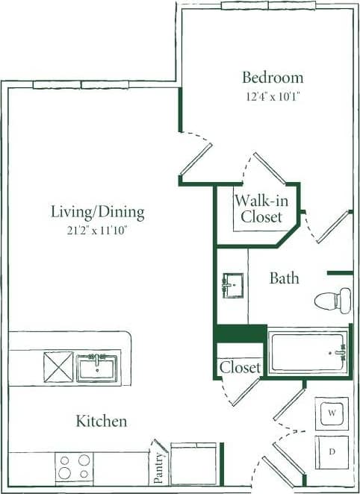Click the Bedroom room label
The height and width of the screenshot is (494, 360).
pyautogui.click(x=273, y=77)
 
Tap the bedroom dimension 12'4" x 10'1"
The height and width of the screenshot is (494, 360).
pyautogui.click(x=273, y=96)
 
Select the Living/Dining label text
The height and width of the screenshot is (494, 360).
pyautogui.click(x=97, y=212)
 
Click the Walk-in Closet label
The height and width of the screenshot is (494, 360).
pyautogui.click(x=258, y=208)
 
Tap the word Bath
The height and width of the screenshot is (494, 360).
pyautogui.click(x=284, y=278)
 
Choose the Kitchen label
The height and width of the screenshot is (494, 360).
pyautogui.click(x=101, y=422)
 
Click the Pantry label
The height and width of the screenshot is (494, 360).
pyautogui.click(x=159, y=463)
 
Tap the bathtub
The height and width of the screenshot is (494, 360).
pyautogui.click(x=308, y=352)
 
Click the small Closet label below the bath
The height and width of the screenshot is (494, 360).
pyautogui.click(x=240, y=368)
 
